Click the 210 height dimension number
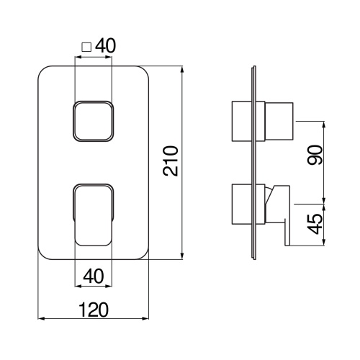tap(170, 162)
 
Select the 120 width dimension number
tap(94, 309)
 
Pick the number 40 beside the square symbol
tap(105, 45)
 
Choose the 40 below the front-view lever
tap(94, 275)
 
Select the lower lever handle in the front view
tap(94, 212)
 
